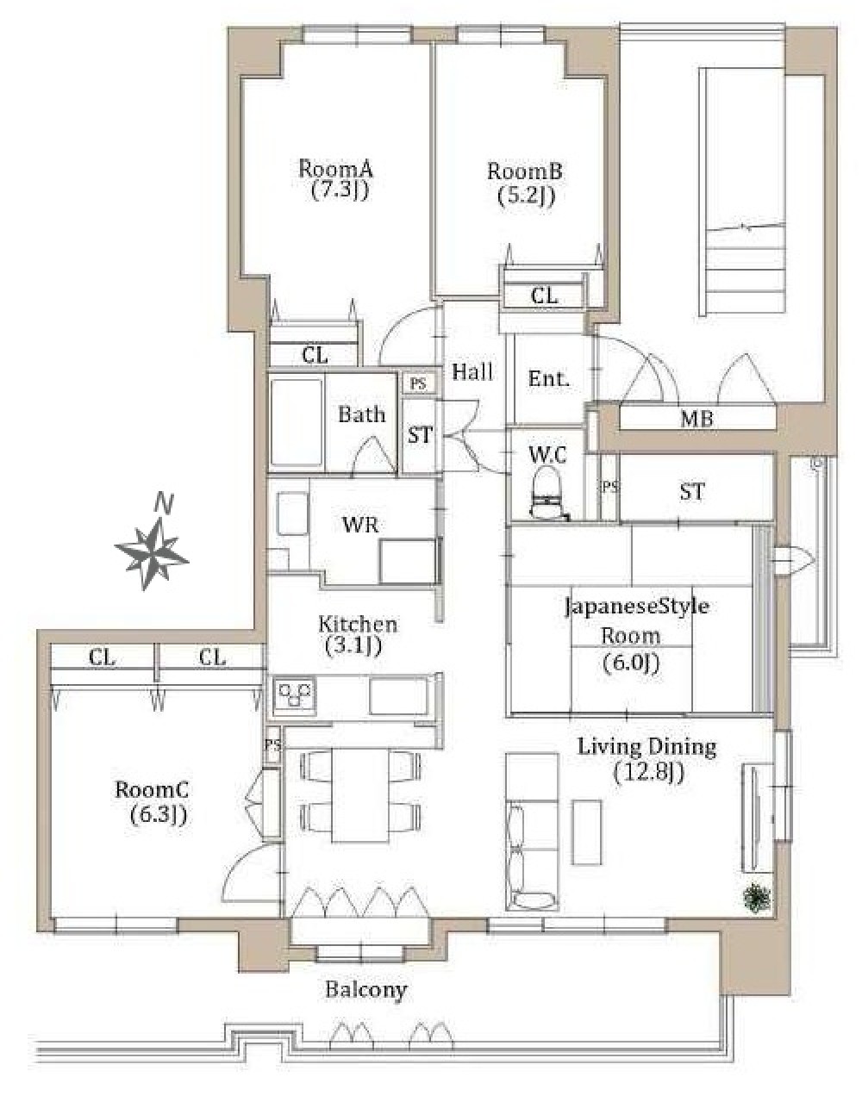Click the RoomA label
335,168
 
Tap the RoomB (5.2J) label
525,183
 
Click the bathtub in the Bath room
297,421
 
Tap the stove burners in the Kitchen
294,694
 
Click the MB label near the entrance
696,418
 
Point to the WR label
360,525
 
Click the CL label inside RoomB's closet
545,296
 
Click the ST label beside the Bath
420,435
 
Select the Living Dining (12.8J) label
646,760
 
